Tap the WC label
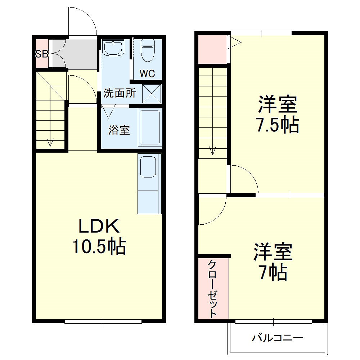pos(147,74)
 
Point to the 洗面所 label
pos(120,93)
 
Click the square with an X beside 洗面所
pos(152,93)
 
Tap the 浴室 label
pos(119,130)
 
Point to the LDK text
pos(99,227)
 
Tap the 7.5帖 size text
pos(277,125)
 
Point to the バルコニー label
pos(277,338)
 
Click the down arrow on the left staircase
pos(50,142)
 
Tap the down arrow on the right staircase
pos(212,149)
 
